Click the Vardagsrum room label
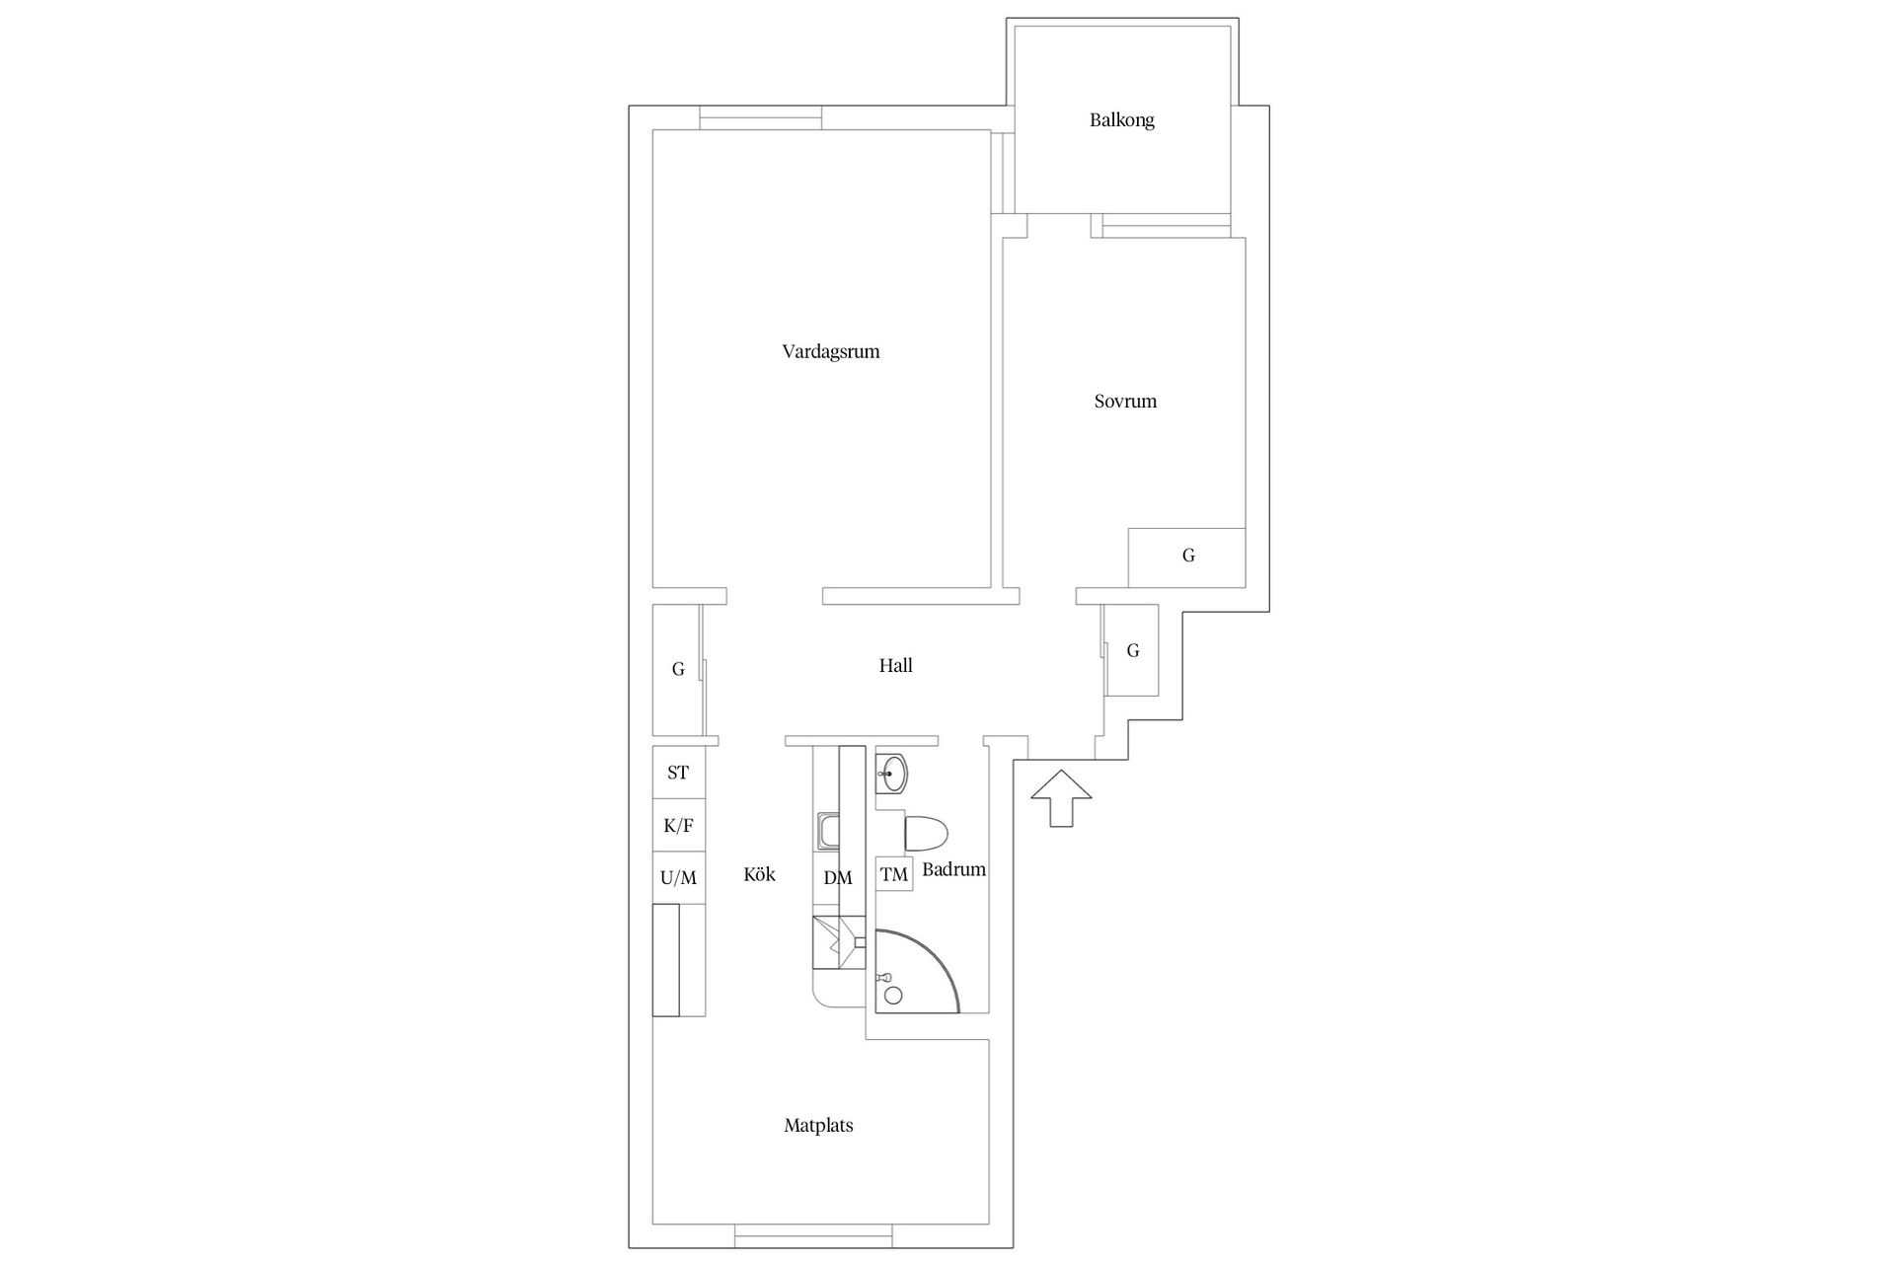tap(830, 351)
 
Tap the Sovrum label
tap(1125, 402)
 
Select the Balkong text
tap(1121, 120)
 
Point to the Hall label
tap(895, 666)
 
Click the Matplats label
tap(818, 1125)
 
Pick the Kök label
tap(759, 874)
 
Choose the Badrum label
tap(953, 869)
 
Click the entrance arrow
tap(1061, 795)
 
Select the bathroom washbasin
tap(891, 774)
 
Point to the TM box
tap(894, 874)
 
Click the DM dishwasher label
tap(837, 877)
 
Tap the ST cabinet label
tap(678, 773)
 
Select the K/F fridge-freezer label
tap(678, 826)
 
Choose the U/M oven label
tap(678, 877)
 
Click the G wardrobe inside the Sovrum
tap(1187, 557)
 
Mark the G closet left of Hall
tap(677, 669)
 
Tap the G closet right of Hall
tap(1132, 650)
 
